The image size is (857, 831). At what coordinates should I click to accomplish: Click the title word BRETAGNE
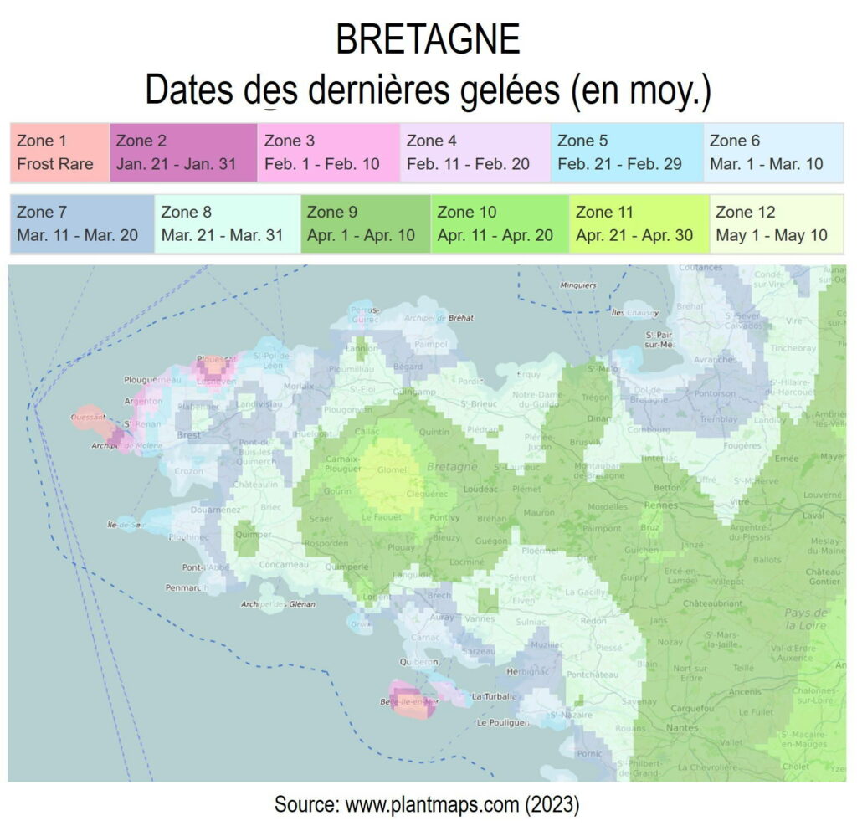428,39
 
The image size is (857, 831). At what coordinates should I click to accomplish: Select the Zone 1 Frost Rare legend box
59,152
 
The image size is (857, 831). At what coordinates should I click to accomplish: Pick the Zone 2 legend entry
183,152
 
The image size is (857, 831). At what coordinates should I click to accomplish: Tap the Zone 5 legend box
626,152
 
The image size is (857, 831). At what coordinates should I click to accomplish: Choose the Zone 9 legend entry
366,224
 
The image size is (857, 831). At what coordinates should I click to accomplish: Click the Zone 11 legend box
639,224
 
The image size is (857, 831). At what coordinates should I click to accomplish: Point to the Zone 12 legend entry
776,224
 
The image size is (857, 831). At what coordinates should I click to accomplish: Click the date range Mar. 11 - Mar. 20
78,235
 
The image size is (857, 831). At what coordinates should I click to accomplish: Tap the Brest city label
190,436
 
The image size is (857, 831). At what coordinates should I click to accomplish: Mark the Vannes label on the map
480,618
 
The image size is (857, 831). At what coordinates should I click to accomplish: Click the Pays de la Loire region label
805,619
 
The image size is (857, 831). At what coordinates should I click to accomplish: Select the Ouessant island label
88,416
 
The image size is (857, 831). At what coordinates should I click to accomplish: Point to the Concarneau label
278,564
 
